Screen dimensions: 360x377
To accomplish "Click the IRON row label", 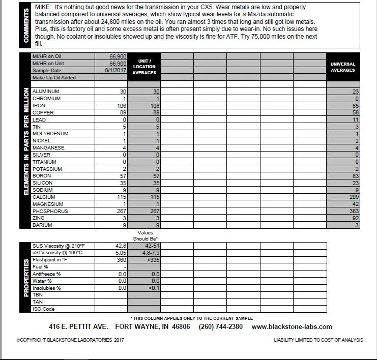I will click(39, 106).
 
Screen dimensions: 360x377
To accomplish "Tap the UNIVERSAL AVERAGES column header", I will click(342, 67).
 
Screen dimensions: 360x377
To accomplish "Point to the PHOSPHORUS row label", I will click(50, 211).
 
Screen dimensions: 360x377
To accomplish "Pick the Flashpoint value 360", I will click(120, 259).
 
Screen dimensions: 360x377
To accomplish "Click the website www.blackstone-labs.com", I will click(292, 326).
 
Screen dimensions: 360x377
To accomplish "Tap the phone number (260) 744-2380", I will click(220, 326).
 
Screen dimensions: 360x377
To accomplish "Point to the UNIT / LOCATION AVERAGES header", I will click(144, 67).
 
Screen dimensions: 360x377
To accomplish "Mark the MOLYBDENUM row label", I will click(50, 134).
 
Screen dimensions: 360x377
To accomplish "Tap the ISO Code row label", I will click(43, 309).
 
